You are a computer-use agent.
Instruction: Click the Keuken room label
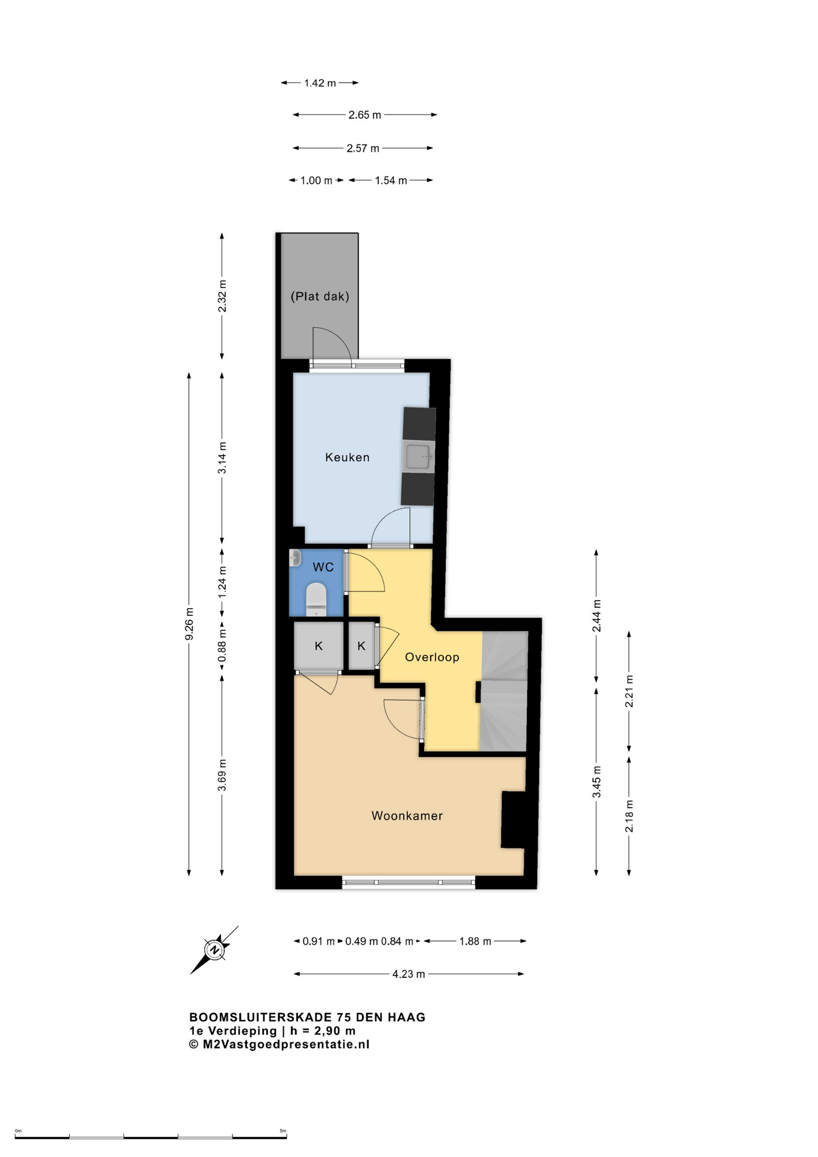point(347,457)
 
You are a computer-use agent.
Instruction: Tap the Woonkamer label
point(407,816)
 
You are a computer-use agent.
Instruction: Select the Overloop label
point(432,657)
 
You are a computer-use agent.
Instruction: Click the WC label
point(323,567)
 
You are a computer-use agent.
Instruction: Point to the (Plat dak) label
point(320,296)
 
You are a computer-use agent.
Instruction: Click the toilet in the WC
point(316,599)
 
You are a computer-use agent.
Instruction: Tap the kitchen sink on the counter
point(418,456)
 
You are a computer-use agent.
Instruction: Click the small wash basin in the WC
point(295,558)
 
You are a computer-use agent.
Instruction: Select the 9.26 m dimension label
point(189,624)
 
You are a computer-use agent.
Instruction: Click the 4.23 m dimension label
point(409,974)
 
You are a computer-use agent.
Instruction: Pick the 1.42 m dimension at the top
point(320,83)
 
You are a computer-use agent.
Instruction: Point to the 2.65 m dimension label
point(365,115)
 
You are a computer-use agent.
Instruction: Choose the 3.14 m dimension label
point(222,458)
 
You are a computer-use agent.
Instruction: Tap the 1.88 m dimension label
point(475,941)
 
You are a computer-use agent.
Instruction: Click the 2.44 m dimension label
point(596,616)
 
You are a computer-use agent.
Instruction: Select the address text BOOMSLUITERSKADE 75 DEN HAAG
point(307,1017)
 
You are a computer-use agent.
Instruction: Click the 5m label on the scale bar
point(283,1131)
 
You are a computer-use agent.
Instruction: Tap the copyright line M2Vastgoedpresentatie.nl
point(279,1045)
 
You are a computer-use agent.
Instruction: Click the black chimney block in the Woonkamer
point(514,820)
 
